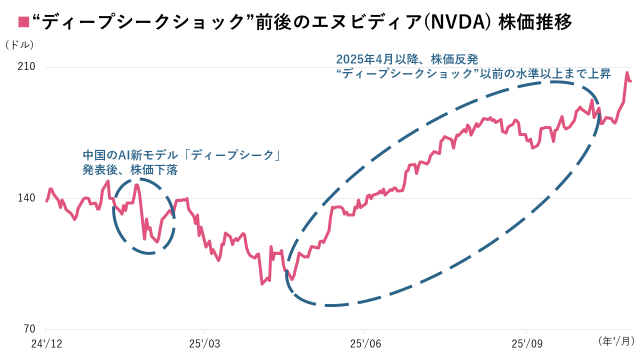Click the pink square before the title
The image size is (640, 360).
(23, 21)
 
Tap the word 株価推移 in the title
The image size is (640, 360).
(535, 22)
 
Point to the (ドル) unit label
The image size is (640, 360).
(19, 44)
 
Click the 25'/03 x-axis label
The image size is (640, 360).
(204, 344)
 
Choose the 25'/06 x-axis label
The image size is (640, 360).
(365, 344)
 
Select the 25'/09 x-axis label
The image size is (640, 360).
(526, 344)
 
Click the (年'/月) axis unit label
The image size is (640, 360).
(616, 341)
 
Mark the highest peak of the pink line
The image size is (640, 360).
(626, 73)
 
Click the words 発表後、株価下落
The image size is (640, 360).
(130, 170)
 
